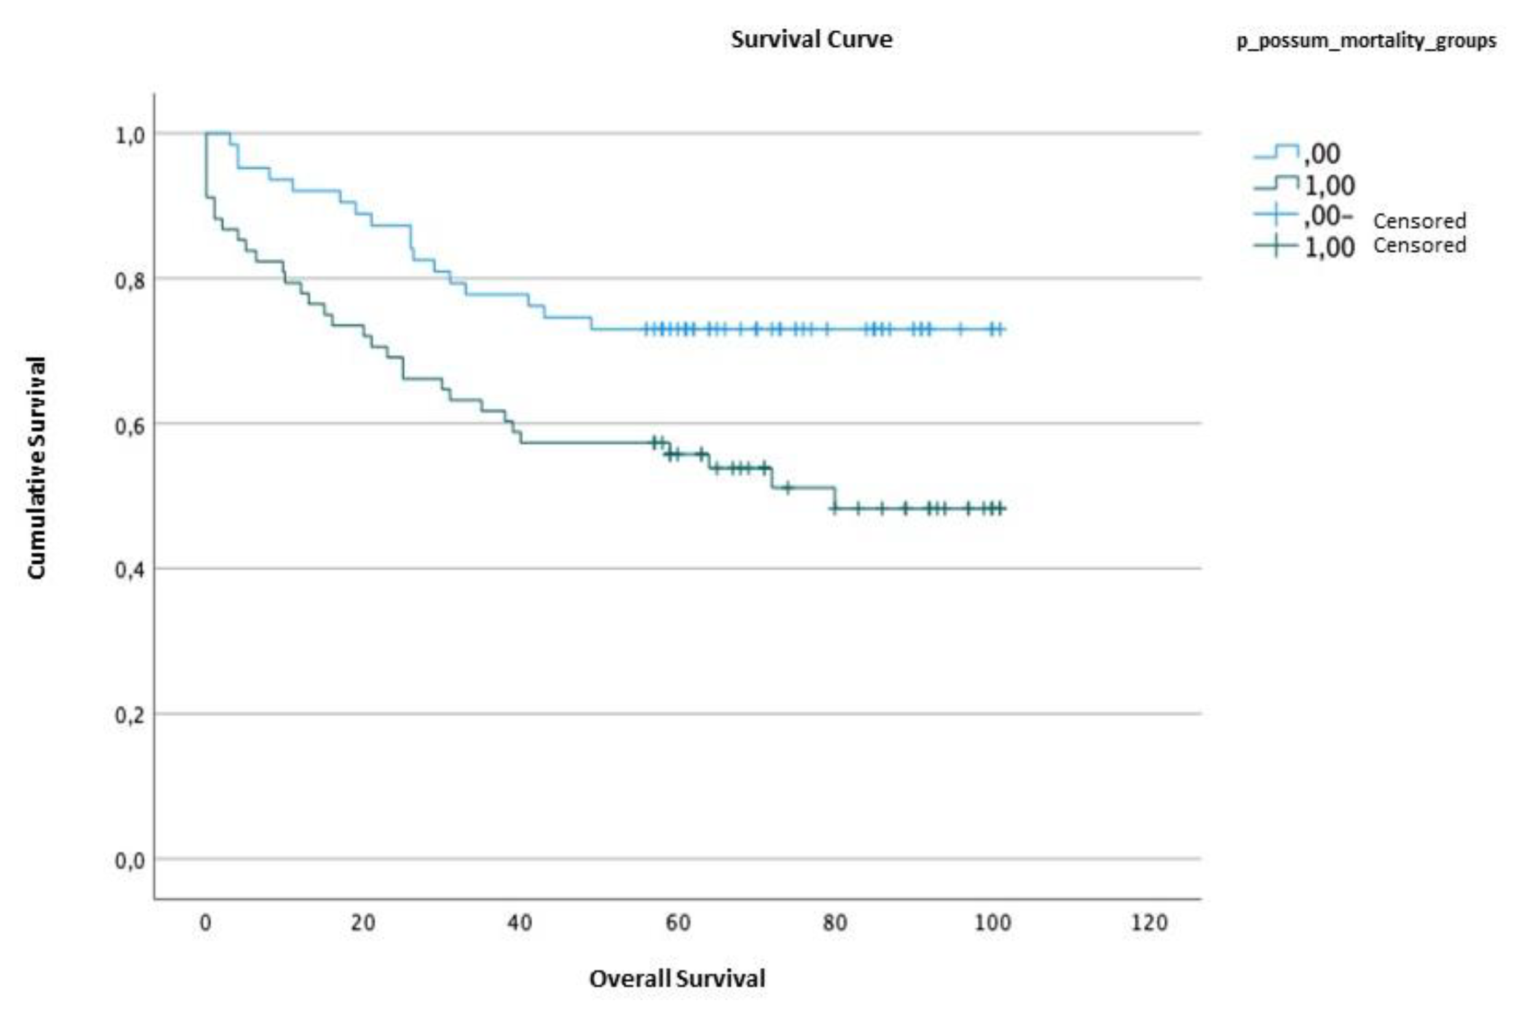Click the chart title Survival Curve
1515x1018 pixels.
(x=811, y=39)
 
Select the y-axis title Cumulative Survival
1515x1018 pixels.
(x=36, y=467)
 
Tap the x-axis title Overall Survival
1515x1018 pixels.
(x=677, y=979)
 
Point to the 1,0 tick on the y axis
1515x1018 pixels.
(x=129, y=136)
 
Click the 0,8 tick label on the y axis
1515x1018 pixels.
(x=129, y=281)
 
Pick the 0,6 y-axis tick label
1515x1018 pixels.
(x=129, y=427)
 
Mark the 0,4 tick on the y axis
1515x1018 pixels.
(x=129, y=570)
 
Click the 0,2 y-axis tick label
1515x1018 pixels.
(x=129, y=716)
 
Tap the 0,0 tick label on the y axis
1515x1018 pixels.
(x=129, y=861)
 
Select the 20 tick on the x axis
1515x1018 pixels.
(x=363, y=923)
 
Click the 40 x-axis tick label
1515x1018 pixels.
(x=520, y=923)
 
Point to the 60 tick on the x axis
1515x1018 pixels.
(x=678, y=923)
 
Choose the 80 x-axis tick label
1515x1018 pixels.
(x=835, y=923)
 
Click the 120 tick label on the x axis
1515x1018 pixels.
(x=1149, y=923)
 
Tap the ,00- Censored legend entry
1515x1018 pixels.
(x=1383, y=218)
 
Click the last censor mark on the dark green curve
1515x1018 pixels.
(x=1000, y=508)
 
